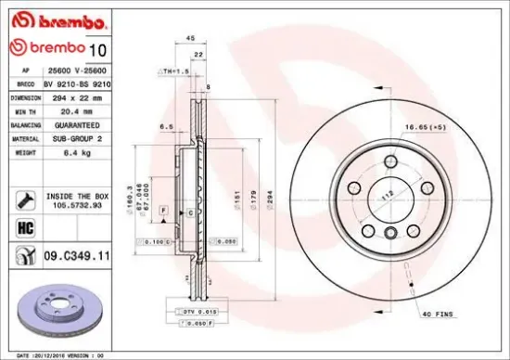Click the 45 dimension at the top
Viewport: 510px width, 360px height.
click(189, 39)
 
